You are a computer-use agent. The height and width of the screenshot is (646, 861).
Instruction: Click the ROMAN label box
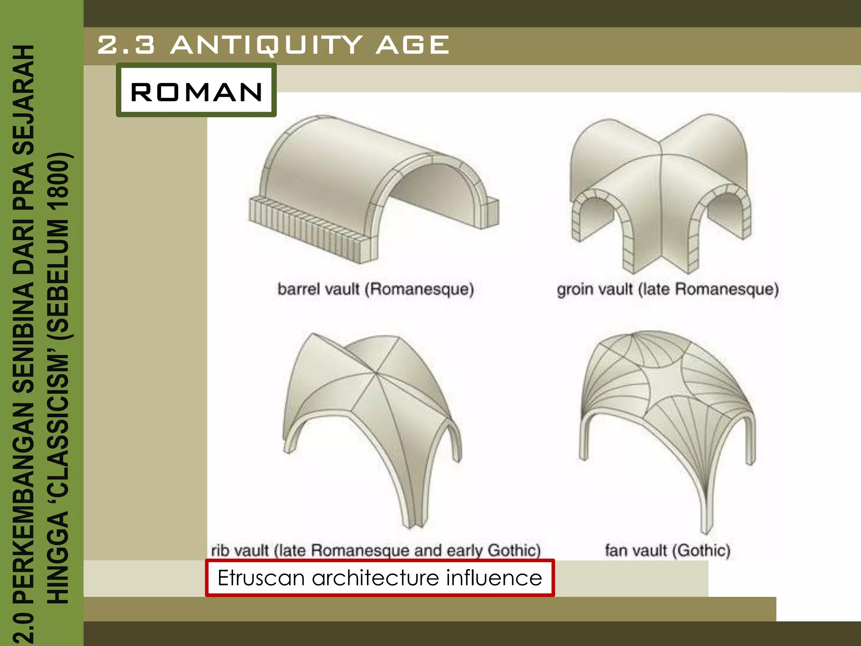tap(196, 90)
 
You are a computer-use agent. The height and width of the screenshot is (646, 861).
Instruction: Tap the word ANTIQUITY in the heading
tap(267, 45)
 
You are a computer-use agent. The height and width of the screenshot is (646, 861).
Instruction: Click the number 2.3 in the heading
tap(126, 45)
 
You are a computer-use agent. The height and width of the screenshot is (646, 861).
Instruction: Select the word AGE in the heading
tap(412, 45)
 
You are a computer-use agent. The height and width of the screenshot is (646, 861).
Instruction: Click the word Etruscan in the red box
tap(261, 578)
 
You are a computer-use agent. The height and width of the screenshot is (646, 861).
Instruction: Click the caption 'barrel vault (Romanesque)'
tap(375, 289)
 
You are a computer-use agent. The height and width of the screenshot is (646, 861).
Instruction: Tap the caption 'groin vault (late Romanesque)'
tap(668, 289)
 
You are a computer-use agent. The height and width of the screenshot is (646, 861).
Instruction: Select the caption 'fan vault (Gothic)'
tap(668, 550)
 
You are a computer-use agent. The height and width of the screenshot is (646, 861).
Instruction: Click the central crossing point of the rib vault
tap(375, 373)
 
